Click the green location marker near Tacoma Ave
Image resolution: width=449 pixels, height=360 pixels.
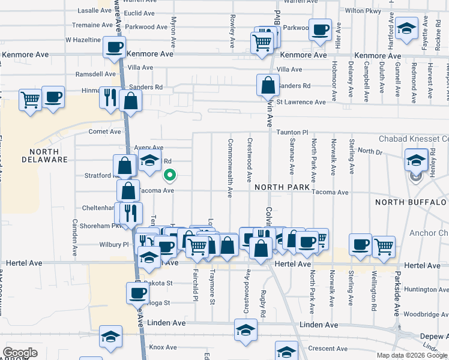pyautogui.click(x=170, y=175)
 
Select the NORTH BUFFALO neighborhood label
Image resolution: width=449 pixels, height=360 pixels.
pyautogui.click(x=411, y=202)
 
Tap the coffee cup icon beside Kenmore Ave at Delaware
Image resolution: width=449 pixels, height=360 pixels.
pyautogui.click(x=114, y=46)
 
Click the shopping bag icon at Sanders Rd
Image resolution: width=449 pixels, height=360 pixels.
pyautogui.click(x=268, y=85)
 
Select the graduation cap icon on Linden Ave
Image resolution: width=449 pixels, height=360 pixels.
pyautogui.click(x=245, y=331)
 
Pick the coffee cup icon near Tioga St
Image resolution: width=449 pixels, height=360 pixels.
pyautogui.click(x=137, y=293)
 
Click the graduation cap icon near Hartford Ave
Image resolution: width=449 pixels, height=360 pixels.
pyautogui.click(x=407, y=28)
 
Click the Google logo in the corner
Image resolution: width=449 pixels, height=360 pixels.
pyautogui.click(x=20, y=353)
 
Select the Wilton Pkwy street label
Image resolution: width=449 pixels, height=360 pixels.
pyautogui.click(x=363, y=11)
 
